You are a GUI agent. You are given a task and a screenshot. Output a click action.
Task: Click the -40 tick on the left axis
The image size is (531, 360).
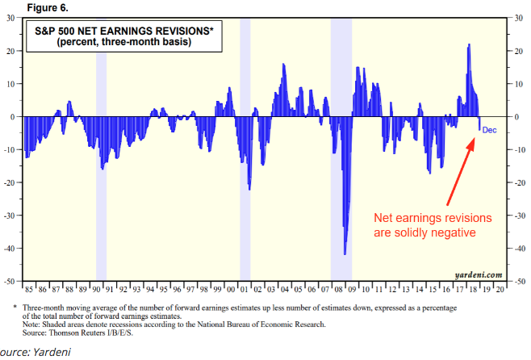pos(10,248)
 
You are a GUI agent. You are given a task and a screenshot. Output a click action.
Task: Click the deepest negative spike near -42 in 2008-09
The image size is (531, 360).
pos(345,252)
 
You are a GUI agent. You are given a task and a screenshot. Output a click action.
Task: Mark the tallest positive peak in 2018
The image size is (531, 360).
pos(469,47)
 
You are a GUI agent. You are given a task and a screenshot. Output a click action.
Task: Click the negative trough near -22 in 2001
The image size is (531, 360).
pos(249,187)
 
